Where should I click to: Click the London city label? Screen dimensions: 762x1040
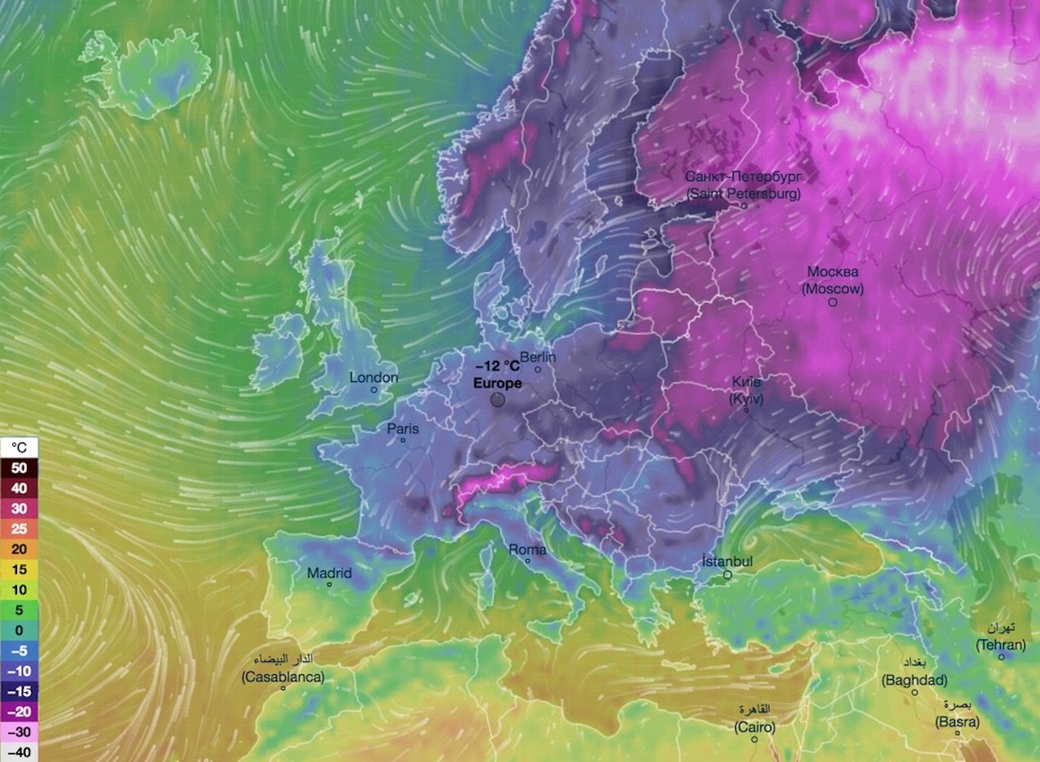click(374, 378)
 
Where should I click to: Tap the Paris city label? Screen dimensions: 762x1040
click(402, 428)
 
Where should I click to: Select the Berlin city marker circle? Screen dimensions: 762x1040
click(538, 370)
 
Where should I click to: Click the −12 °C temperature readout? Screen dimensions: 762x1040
click(497, 366)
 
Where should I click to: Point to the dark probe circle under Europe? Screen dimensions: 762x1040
click(497, 400)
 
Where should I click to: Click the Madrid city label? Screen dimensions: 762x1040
click(329, 574)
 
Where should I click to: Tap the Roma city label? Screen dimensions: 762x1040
click(527, 550)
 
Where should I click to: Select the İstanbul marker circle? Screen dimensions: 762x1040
click(728, 574)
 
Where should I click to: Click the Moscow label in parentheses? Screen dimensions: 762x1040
click(833, 288)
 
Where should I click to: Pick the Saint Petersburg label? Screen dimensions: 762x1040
click(743, 194)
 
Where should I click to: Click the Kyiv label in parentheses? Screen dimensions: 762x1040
click(747, 398)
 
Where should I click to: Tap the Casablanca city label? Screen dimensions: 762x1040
click(283, 677)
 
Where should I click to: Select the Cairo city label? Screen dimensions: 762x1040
click(755, 726)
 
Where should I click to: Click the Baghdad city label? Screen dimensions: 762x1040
click(914, 680)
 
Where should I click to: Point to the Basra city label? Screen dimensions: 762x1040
click(957, 721)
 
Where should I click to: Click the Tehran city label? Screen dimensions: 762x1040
click(1001, 644)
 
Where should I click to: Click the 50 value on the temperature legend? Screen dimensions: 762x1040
click(19, 468)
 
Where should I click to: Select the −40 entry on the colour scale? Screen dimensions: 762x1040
click(19, 752)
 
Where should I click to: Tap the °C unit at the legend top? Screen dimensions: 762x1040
click(19, 448)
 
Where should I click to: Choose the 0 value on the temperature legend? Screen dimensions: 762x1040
click(19, 630)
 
